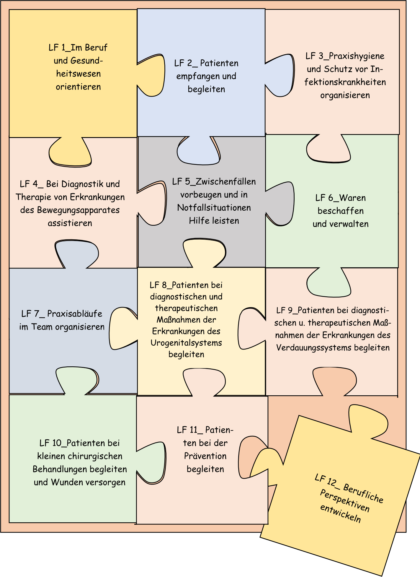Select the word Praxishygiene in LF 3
tap(357, 56)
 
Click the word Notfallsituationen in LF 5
tap(214, 208)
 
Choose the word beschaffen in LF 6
tap(341, 211)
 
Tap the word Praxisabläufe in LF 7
tap(75, 314)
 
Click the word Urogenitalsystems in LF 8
tap(186, 343)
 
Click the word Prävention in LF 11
tap(205, 456)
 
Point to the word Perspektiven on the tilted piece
tap(344, 501)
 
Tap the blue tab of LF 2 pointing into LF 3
tap(281, 75)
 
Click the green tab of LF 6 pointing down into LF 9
tap(329, 282)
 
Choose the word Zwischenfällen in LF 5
tap(226, 181)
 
